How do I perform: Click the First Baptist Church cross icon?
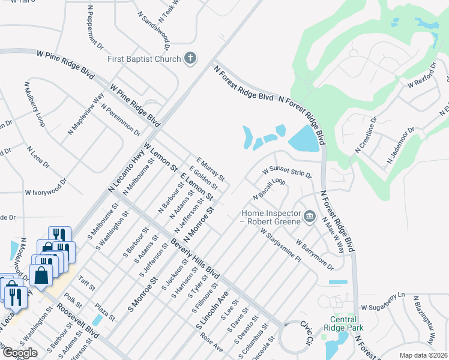190,58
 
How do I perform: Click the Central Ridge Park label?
343,323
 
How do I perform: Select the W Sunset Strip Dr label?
287,172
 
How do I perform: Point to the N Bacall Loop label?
268,188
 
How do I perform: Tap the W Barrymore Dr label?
315,255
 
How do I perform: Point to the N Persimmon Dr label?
121,119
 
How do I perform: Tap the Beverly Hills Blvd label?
196,263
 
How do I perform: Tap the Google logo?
20,353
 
